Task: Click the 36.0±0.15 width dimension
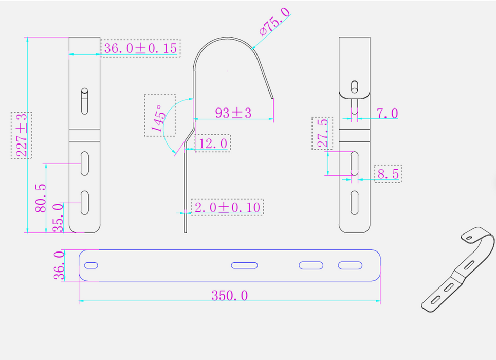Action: pyautogui.click(x=140, y=48)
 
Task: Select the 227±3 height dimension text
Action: pyautogui.click(x=22, y=135)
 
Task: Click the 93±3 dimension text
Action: pyautogui.click(x=233, y=113)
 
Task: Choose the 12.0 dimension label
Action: pyautogui.click(x=213, y=143)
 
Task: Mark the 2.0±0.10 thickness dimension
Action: pyautogui.click(x=227, y=207)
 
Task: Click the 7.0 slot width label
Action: pyautogui.click(x=387, y=113)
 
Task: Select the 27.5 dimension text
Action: pyautogui.click(x=322, y=133)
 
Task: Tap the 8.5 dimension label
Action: pyautogui.click(x=388, y=174)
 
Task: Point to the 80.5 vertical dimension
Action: pyautogui.click(x=41, y=198)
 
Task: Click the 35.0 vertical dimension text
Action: pyautogui.click(x=58, y=218)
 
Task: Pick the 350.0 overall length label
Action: pyautogui.click(x=230, y=295)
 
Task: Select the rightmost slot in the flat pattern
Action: pyautogui.click(x=350, y=265)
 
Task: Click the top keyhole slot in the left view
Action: pyautogui.click(x=84, y=101)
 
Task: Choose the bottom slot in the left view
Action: pyautogui.click(x=85, y=202)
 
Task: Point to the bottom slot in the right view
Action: pyautogui.click(x=355, y=202)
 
